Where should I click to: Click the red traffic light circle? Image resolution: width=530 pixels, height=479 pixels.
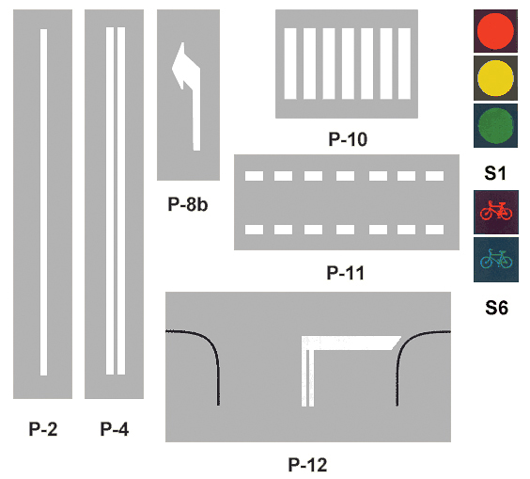(x=495, y=30)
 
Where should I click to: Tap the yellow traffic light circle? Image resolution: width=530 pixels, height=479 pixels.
(x=495, y=78)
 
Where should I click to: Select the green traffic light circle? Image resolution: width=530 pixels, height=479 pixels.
(x=495, y=125)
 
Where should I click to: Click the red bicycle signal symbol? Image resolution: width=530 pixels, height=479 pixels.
(x=496, y=211)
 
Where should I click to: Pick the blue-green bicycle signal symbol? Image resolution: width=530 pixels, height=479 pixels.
(x=496, y=259)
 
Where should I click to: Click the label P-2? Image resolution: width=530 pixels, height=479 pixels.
(x=43, y=429)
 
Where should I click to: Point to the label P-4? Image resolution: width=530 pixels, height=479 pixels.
(x=115, y=429)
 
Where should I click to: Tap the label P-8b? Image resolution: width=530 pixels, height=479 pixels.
(x=188, y=204)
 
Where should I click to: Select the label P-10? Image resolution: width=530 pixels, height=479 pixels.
(x=348, y=139)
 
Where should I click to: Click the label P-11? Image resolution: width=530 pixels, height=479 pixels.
(x=346, y=273)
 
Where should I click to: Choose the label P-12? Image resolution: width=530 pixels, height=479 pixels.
(x=307, y=465)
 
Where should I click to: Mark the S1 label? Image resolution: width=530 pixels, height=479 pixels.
(x=495, y=173)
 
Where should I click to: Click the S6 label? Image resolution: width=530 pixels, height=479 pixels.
(x=496, y=308)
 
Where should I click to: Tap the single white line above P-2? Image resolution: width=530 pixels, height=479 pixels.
(x=43, y=202)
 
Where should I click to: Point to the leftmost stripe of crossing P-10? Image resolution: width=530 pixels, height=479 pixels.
(x=290, y=63)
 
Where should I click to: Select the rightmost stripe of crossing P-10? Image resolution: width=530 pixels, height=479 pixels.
(x=404, y=63)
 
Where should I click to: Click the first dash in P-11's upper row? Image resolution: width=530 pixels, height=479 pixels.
(x=254, y=176)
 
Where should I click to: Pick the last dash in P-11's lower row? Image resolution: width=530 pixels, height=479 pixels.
(x=435, y=230)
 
